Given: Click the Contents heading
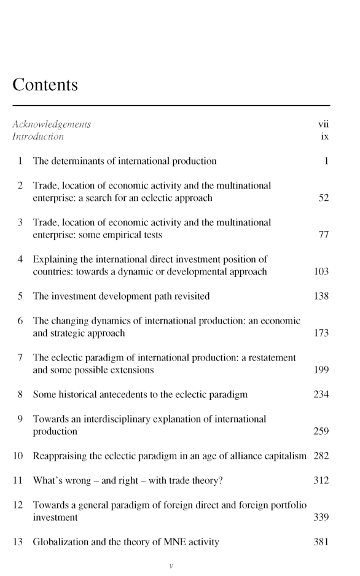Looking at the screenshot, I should point(45,85).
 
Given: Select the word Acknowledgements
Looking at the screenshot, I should point(52,125).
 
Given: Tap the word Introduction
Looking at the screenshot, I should point(38,136).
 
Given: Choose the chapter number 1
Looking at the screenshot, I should point(20,162).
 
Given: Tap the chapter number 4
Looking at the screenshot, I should point(20,259).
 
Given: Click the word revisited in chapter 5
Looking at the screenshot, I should point(189,296).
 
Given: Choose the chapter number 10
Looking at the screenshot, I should point(18,456).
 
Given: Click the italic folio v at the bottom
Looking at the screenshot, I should point(171,566).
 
